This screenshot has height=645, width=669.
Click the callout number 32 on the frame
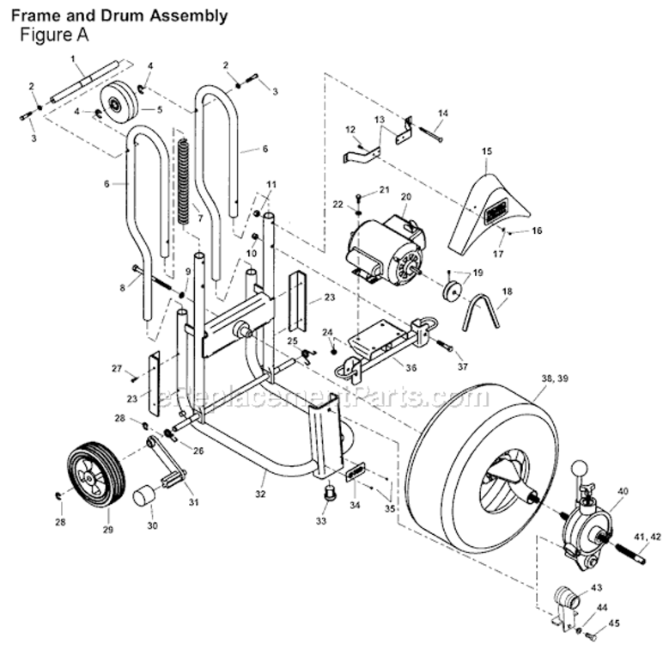(260, 494)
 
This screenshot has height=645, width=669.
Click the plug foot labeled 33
(326, 495)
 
